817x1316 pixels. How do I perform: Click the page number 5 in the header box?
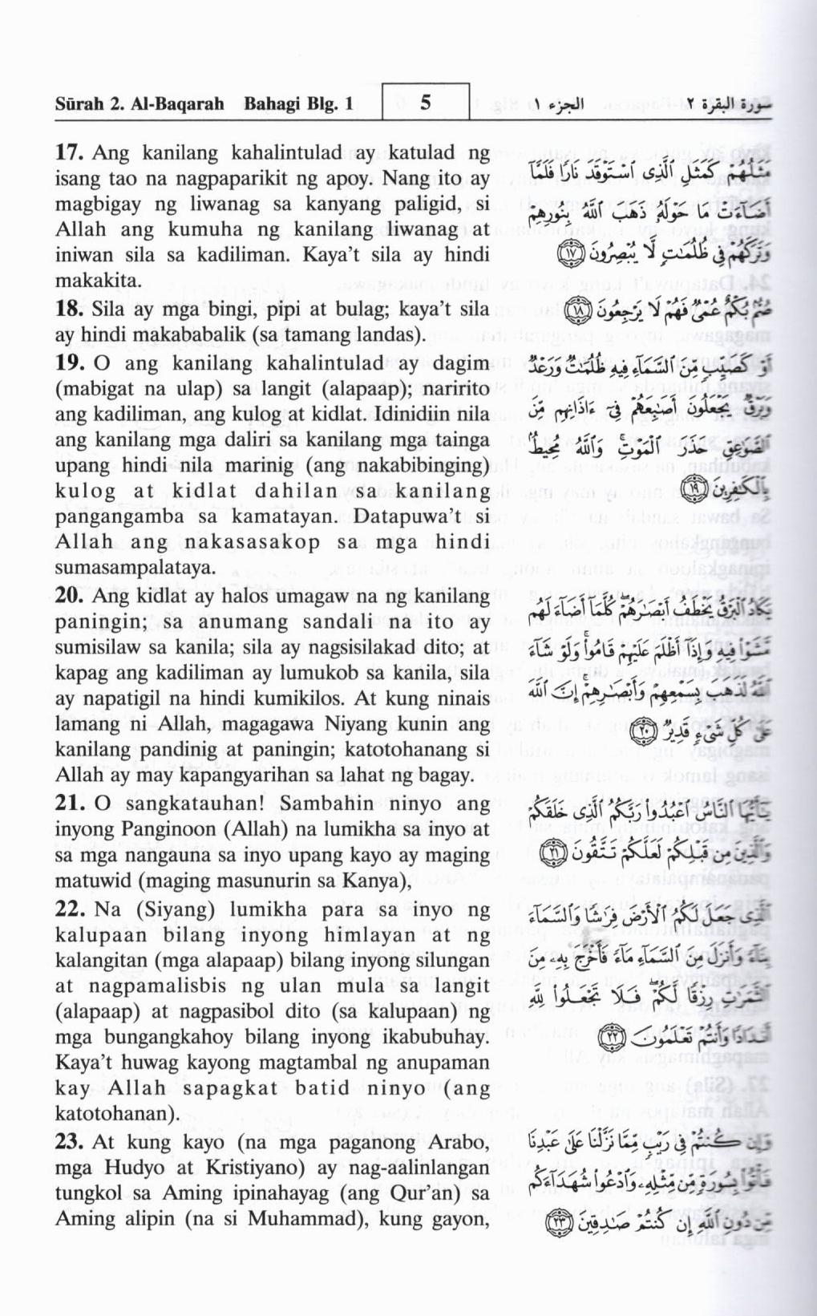426,103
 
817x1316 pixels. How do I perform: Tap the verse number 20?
71,596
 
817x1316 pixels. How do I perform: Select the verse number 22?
71,909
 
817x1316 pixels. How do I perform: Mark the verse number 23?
71,1142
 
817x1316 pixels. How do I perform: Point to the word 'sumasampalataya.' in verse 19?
124,568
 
